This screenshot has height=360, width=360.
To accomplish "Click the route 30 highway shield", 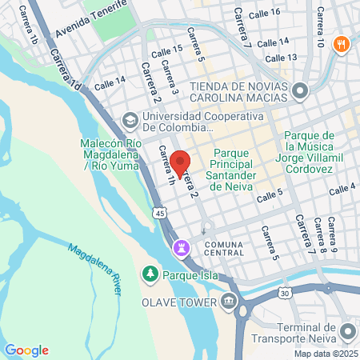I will coord(285,294).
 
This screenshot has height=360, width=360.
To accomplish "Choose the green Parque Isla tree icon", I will coord(150,274).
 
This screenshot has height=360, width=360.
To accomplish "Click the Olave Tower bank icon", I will coord(230,302).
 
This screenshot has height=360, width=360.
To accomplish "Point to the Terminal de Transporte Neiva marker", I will coord(348,330).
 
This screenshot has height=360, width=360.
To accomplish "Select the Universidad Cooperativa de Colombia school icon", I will coord(129,120).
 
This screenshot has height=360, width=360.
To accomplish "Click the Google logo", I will coord(26,350).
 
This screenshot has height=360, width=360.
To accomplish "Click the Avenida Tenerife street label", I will coord(91,22).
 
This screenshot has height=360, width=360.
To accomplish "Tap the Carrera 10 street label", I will coord(321,25).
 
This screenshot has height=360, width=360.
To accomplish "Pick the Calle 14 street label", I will coord(110,82).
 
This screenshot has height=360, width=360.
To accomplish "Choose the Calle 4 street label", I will coord(342,188).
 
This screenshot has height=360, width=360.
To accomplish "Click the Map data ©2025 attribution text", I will coord(326,353).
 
